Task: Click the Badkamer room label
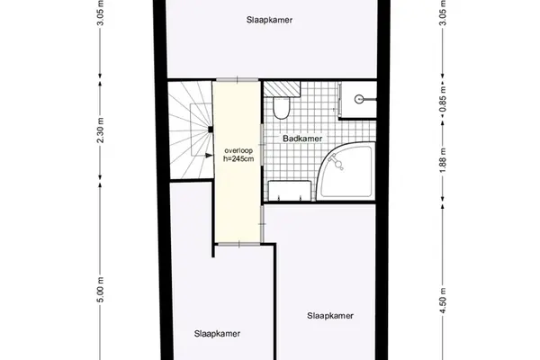pyautogui.click(x=302, y=139)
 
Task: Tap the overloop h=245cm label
pyautogui.click(x=238, y=155)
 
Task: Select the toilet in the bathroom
pyautogui.click(x=282, y=108)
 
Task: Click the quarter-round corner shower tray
pyautogui.click(x=346, y=170)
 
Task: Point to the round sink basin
pyautogui.click(x=359, y=100)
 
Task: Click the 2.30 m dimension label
pyautogui.click(x=100, y=130)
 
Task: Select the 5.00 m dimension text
pyautogui.click(x=100, y=290)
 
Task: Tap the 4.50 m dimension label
pyautogui.click(x=443, y=301)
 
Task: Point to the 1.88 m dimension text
pyautogui.click(x=443, y=160)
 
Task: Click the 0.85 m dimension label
pyautogui.click(x=443, y=98)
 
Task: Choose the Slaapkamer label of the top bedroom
pyautogui.click(x=269, y=20)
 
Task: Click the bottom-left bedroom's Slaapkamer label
pyautogui.click(x=217, y=334)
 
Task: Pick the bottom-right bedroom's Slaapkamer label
pyautogui.click(x=330, y=316)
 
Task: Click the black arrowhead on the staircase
pyautogui.click(x=209, y=156)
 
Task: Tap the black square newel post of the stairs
pyautogui.click(x=210, y=130)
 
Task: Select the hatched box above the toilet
pyautogui.click(x=282, y=89)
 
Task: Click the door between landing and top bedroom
pyautogui.click(x=237, y=80)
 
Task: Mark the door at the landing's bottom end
pyautogui.click(x=239, y=244)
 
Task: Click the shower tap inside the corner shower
pyautogui.click(x=336, y=162)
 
